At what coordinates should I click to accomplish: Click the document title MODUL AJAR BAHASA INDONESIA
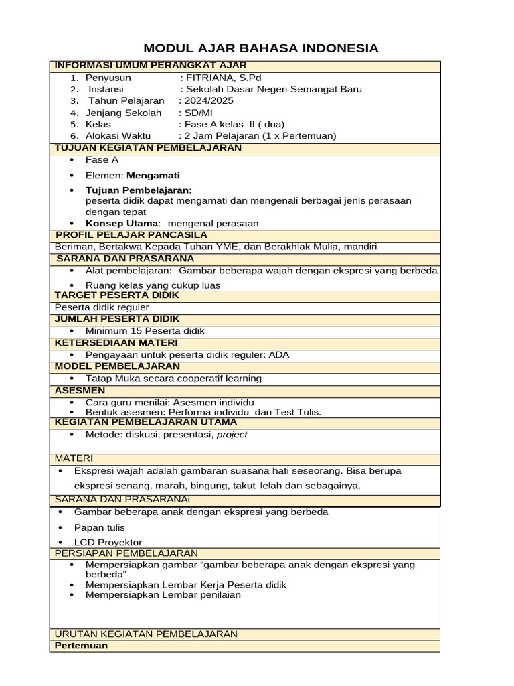coord(262,48)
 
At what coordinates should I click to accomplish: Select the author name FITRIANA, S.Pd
coord(224,78)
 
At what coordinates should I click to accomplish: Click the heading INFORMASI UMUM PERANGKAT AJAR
coord(151,66)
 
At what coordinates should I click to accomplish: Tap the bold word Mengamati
coord(157,176)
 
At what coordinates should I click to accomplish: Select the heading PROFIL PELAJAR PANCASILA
coord(131,235)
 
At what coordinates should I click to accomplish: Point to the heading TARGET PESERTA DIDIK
coord(118,295)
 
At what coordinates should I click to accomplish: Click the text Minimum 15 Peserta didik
coord(145,331)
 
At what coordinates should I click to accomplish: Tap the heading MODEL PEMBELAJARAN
coord(117,366)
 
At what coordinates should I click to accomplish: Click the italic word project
coord(232,435)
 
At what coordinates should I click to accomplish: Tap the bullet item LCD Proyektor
coord(108,543)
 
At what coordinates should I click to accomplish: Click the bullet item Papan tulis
coord(99,527)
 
